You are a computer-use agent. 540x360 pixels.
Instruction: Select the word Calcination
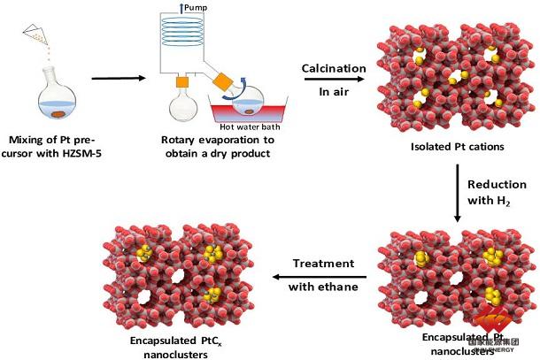click(x=334, y=68)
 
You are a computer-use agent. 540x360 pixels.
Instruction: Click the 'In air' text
click(x=334, y=90)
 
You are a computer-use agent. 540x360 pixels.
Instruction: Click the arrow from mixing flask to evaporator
click(x=119, y=79)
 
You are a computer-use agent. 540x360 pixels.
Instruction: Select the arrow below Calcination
click(x=334, y=80)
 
